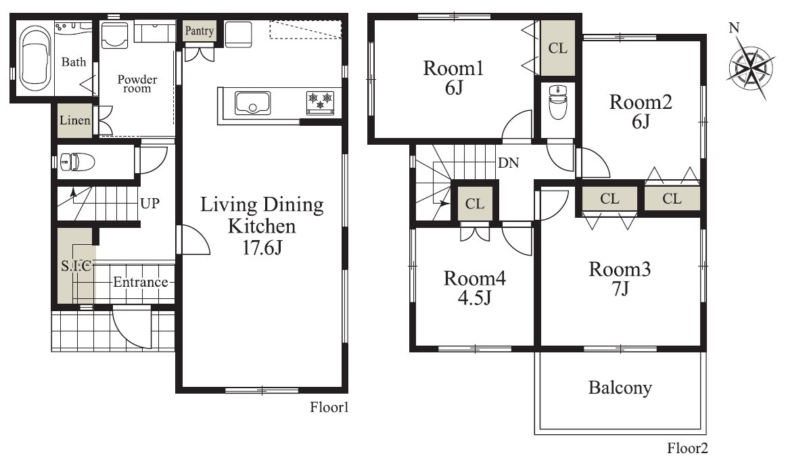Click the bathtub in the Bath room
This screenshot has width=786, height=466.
point(34,57)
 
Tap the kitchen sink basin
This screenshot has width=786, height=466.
point(253,103)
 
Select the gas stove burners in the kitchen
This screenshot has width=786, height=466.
point(321,101)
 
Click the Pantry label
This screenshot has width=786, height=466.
point(199,31)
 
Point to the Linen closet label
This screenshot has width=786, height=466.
point(74,120)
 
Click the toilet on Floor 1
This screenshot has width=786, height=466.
point(77,162)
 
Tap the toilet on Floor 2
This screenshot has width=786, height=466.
point(558,101)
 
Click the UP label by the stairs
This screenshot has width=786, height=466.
point(149,204)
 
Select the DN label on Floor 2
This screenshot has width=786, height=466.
point(508,163)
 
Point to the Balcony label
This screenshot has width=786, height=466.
point(620,388)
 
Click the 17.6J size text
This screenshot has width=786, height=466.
point(262,248)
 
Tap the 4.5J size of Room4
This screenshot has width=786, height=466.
point(474,298)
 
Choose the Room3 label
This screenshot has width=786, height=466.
point(620,270)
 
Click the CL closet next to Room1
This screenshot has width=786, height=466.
point(558,48)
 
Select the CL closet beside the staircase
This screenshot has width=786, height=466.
point(475,204)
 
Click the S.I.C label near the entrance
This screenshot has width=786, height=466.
point(76,266)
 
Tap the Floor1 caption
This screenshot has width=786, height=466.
point(329,407)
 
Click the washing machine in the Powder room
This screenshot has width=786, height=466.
point(114,34)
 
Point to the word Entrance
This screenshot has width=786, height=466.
point(141,282)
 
